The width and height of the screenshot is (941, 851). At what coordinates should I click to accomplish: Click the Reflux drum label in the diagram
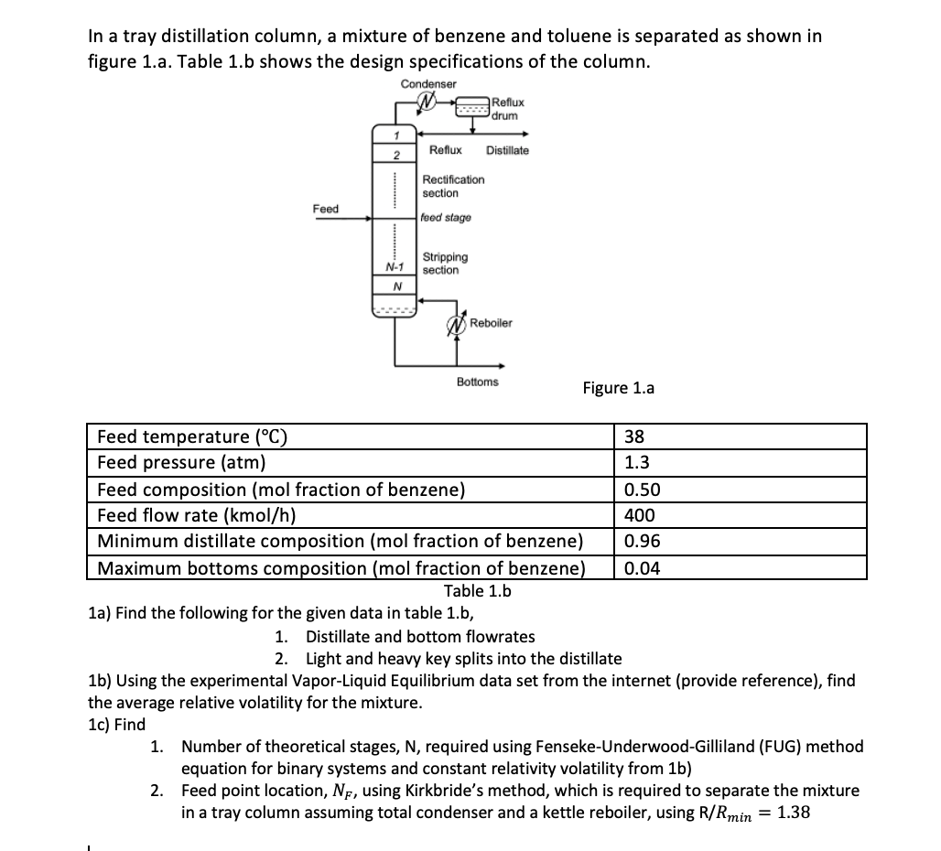pos(507,109)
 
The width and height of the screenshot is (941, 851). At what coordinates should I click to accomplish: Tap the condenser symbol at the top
pos(427,103)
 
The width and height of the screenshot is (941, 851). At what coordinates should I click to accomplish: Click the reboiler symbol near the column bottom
pos(457,324)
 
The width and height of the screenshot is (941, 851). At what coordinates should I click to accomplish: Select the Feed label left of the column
pos(325,209)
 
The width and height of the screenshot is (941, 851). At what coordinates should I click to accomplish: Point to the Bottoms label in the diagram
pos(477,382)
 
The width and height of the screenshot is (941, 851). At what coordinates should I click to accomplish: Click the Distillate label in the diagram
pos(507,150)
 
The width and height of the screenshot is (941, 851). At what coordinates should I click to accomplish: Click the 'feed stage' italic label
pos(447,218)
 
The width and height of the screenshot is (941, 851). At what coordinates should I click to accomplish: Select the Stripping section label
pos(445,264)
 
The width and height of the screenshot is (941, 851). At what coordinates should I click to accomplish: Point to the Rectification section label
pos(453,187)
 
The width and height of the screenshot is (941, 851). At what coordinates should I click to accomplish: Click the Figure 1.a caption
pos(618,388)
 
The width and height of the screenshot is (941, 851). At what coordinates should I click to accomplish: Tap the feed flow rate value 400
pos(639,515)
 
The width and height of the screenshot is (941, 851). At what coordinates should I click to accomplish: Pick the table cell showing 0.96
pos(642,542)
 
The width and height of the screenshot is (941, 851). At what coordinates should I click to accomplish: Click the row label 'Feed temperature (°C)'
pos(192,436)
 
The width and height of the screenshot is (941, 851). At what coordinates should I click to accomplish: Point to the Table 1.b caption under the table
pos(477,591)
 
